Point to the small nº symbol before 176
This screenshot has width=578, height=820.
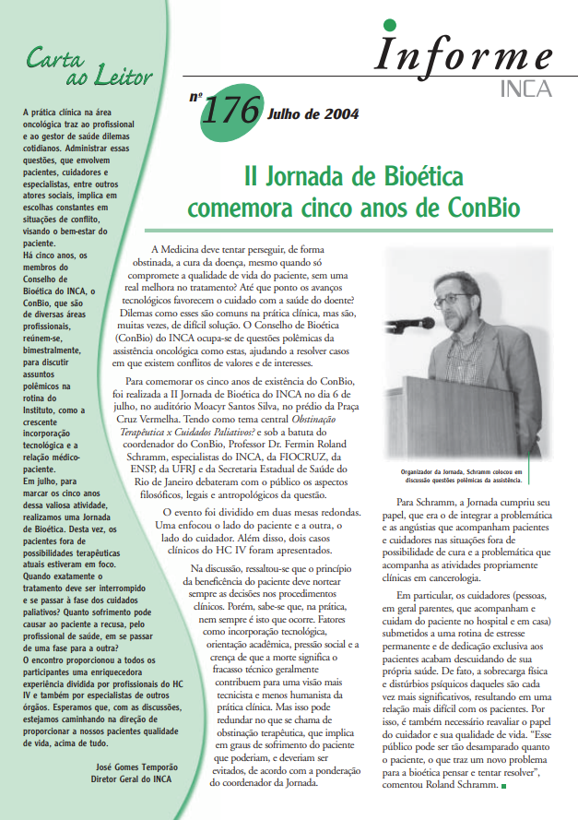pyautogui.click(x=195, y=95)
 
